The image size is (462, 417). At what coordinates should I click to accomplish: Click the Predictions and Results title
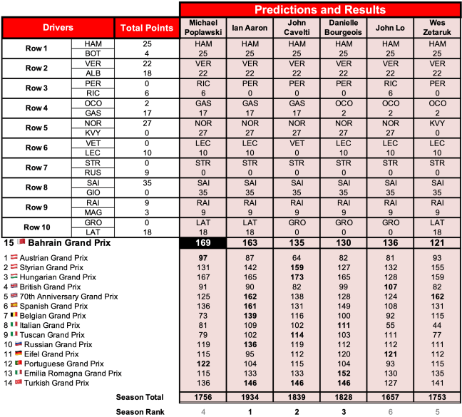point(320,9)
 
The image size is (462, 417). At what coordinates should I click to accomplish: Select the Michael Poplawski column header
point(203,27)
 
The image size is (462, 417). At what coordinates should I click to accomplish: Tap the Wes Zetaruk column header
point(437,27)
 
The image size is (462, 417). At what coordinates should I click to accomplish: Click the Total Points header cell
point(147,28)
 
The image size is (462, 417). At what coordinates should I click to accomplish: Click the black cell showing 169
point(203,243)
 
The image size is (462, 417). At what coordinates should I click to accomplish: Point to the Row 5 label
point(36,129)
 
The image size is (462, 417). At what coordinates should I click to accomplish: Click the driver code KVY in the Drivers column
point(93,133)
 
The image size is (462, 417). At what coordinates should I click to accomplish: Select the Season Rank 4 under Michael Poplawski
point(203,411)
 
